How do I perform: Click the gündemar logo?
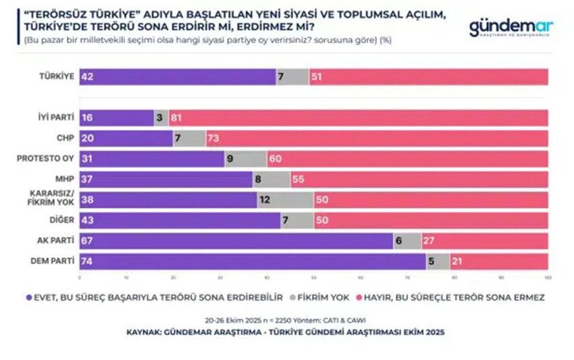pyautogui.click(x=511, y=28)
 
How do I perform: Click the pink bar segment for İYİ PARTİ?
pyautogui.click(x=358, y=117)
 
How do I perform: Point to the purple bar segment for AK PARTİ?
pyautogui.click(x=236, y=240)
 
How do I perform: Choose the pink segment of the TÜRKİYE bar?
pyautogui.click(x=428, y=77)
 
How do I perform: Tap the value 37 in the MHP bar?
pyautogui.click(x=86, y=179)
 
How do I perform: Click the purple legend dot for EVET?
pyautogui.click(x=28, y=297)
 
